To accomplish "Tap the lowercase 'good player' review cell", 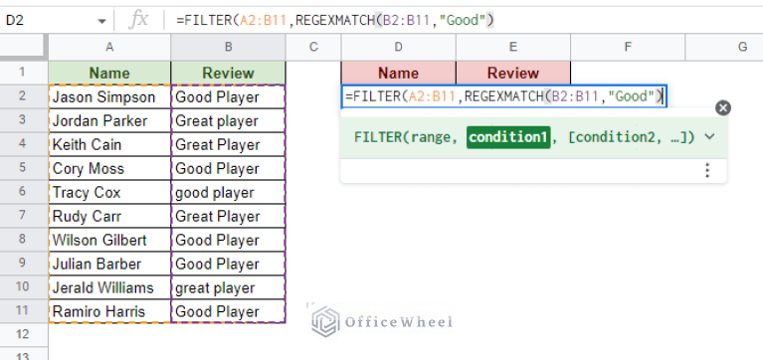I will pyautogui.click(x=227, y=193).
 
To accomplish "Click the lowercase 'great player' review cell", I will pyautogui.click(x=227, y=288).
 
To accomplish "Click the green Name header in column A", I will pyautogui.click(x=109, y=73).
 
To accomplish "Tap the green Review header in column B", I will pyautogui.click(x=227, y=73).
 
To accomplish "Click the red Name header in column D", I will pyautogui.click(x=398, y=73).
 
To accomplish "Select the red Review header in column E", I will pyautogui.click(x=513, y=73).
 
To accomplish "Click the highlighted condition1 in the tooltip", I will pyautogui.click(x=508, y=137).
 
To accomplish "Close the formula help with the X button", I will pyautogui.click(x=723, y=108).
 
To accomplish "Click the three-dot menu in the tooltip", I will pyautogui.click(x=707, y=171).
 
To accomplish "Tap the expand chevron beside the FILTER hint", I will pyautogui.click(x=709, y=137).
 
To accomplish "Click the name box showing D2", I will pyautogui.click(x=50, y=21).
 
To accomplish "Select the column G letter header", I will pyautogui.click(x=742, y=47).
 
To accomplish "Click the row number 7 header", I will pyautogui.click(x=24, y=217).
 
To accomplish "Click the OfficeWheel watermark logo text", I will pyautogui.click(x=396, y=321).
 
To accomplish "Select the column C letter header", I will pyautogui.click(x=312, y=47).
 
